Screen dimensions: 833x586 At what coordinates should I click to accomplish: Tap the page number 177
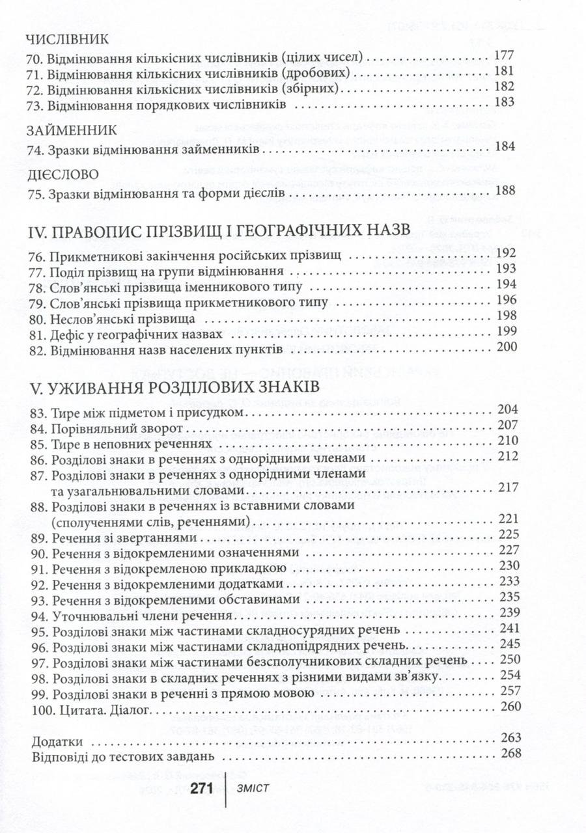coord(505,57)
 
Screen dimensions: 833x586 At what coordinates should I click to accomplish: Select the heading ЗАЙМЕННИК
coord(71,130)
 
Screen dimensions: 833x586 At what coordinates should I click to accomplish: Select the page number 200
coord(505,348)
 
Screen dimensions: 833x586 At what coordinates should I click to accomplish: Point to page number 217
coord(505,487)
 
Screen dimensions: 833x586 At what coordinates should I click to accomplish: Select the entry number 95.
coord(38,631)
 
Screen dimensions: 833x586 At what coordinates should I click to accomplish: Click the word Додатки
coord(57,742)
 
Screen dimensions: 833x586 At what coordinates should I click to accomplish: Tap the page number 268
coord(505,757)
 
